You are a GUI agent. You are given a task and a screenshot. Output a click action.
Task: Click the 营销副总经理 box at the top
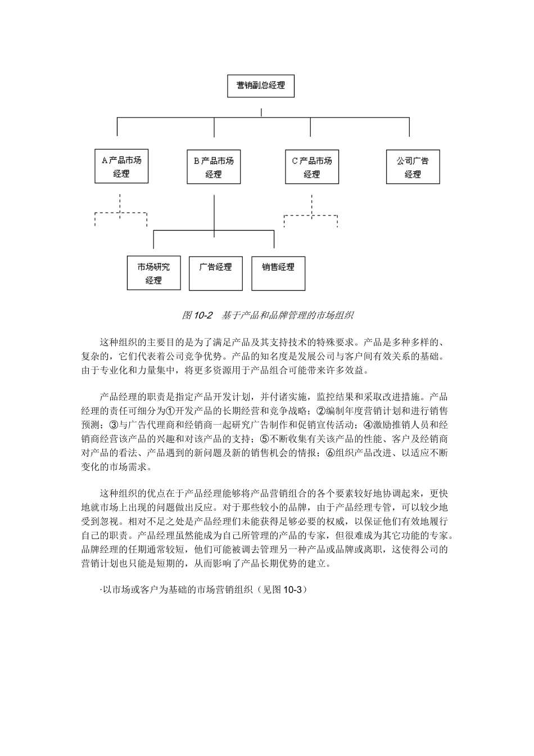[x=260, y=86]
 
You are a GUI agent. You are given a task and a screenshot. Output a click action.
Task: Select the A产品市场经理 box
[x=121, y=166]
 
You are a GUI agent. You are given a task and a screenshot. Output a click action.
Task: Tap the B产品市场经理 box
[x=213, y=166]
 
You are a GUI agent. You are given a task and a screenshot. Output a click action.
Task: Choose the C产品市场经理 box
[x=311, y=166]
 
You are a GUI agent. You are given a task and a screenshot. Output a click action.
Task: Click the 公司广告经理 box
[x=413, y=166]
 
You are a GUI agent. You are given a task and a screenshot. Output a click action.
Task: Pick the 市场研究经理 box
[x=153, y=273]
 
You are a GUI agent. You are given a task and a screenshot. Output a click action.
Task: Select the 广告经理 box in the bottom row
[x=215, y=273]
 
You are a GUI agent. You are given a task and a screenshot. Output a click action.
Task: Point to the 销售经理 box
[x=278, y=273]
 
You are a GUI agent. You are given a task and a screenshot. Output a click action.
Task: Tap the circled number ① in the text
[x=171, y=411]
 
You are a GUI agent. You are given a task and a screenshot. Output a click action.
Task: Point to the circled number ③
[x=114, y=425]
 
